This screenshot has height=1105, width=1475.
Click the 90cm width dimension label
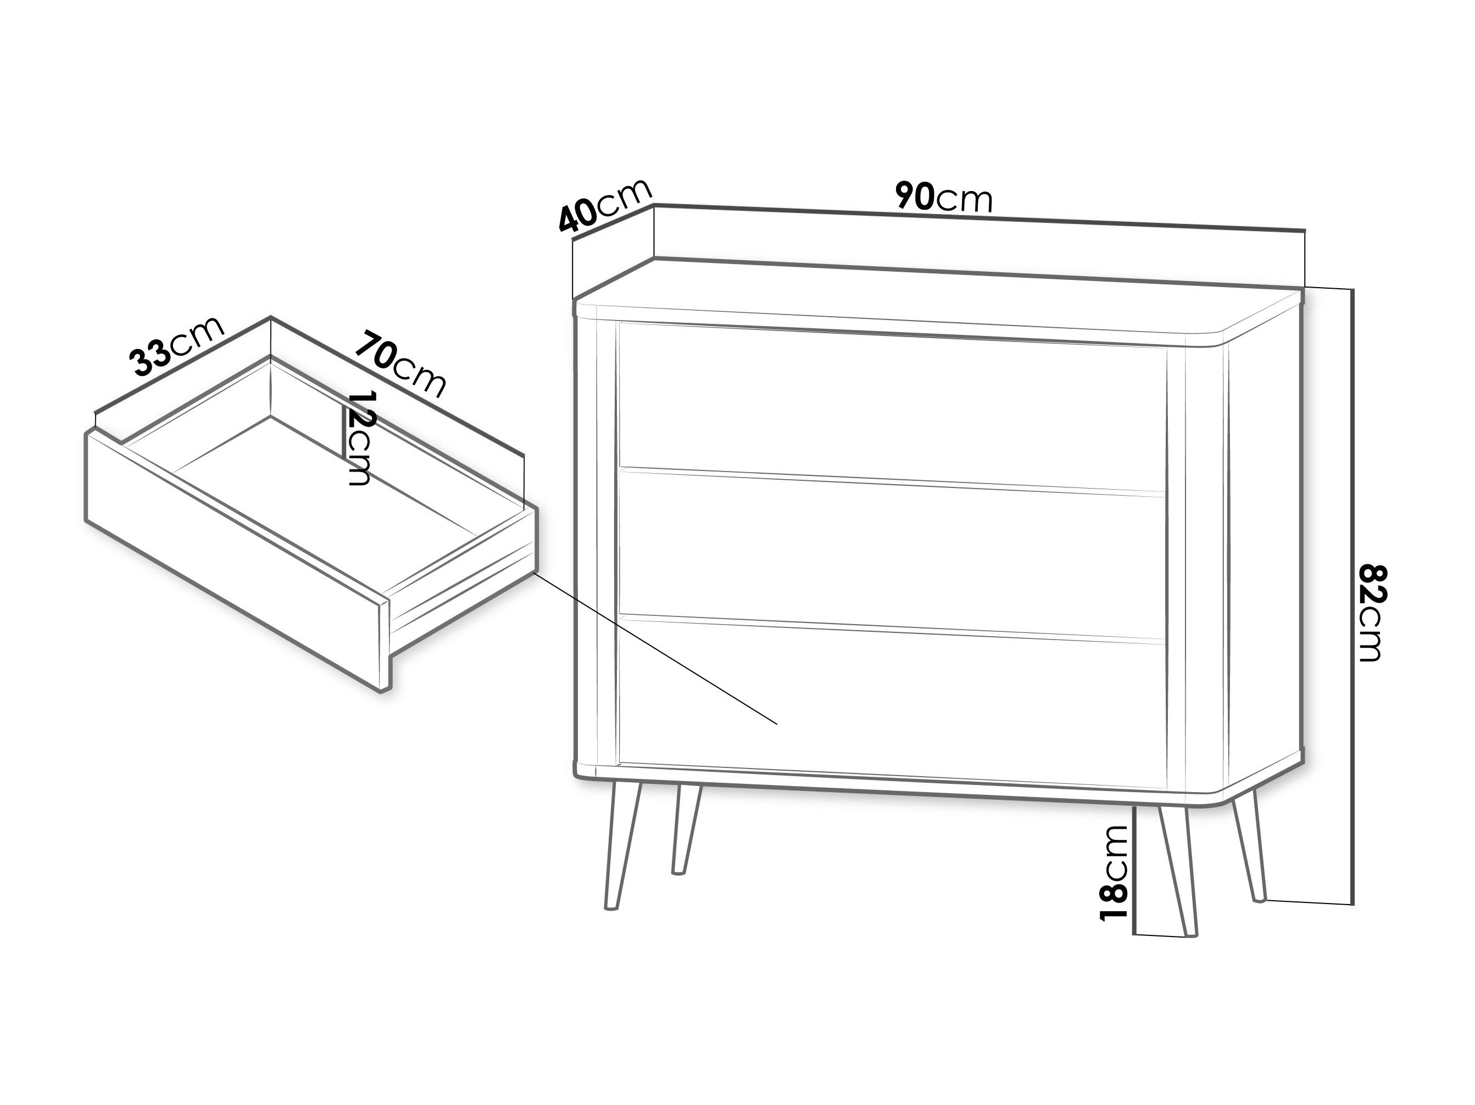click(944, 197)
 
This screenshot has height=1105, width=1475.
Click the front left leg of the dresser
click(622, 846)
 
